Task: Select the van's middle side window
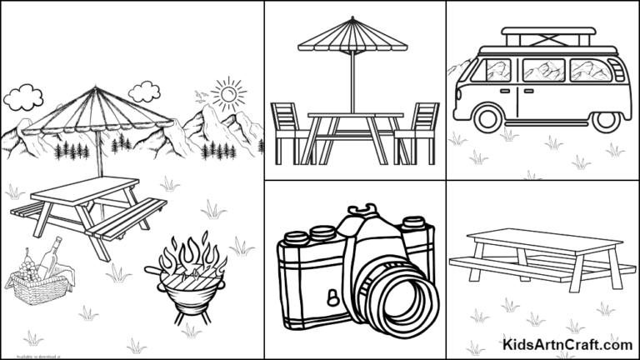point(543,70)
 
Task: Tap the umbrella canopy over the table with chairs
point(354,36)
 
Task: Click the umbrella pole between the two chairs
point(354,83)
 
